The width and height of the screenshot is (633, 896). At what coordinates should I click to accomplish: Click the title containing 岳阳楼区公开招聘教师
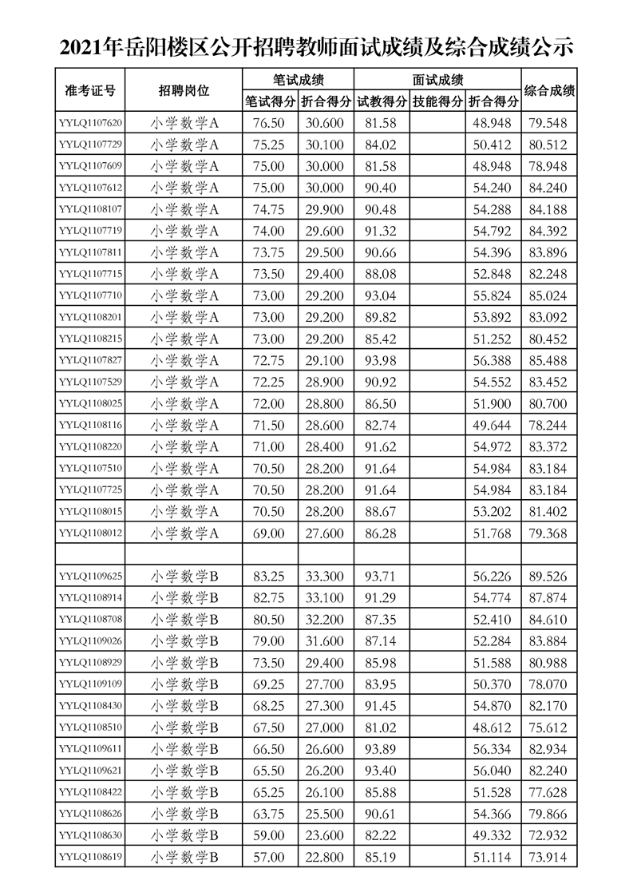click(316, 48)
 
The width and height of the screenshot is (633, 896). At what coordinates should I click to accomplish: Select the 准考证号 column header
click(90, 90)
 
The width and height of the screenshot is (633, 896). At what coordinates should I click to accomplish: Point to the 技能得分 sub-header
click(437, 101)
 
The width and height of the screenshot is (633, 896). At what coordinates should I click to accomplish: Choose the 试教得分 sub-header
click(382, 101)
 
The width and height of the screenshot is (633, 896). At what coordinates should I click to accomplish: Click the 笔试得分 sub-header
click(270, 101)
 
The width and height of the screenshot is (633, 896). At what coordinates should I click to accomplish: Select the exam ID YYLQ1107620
click(90, 123)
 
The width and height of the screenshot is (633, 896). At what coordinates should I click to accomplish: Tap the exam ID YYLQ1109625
click(90, 576)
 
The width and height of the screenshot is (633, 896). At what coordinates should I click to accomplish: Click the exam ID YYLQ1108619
click(90, 857)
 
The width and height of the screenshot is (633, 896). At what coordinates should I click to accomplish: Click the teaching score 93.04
click(380, 295)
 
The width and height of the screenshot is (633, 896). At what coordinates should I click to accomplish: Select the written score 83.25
click(269, 576)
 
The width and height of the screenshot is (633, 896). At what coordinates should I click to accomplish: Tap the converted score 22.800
click(326, 857)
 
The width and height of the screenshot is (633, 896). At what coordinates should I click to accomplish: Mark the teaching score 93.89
click(380, 749)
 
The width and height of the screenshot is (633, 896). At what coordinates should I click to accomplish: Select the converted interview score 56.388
click(493, 361)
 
